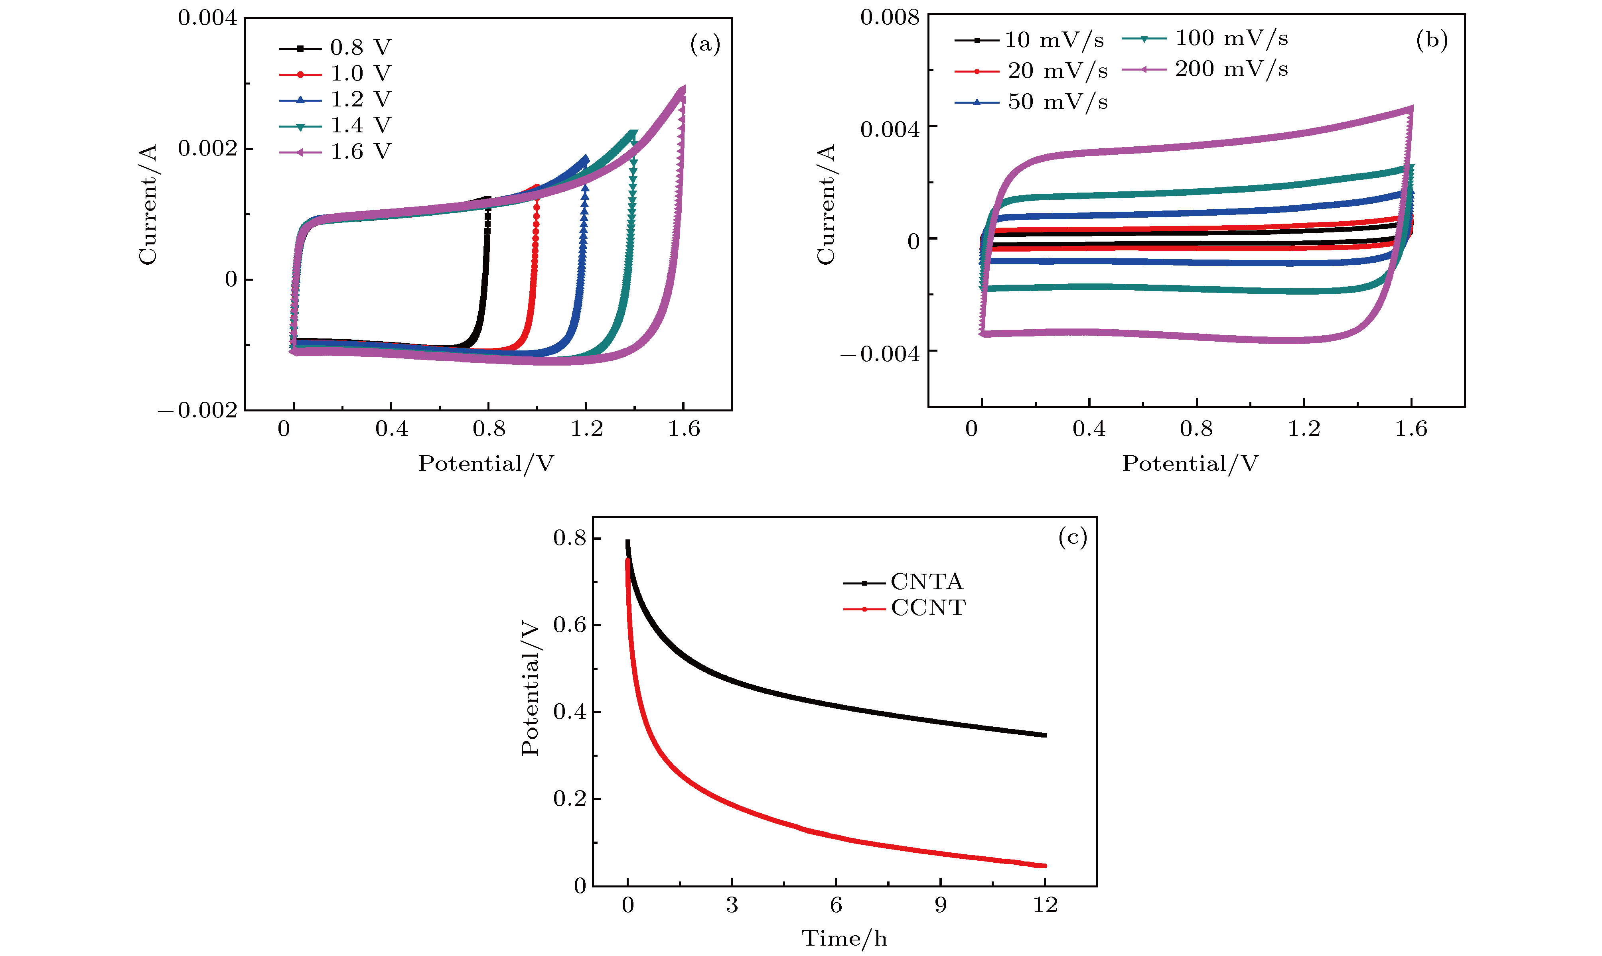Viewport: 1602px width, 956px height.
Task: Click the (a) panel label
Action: pyautogui.click(x=705, y=44)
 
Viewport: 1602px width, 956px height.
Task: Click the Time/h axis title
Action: pyautogui.click(x=844, y=938)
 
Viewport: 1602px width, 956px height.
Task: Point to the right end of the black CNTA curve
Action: pyautogui.click(x=1045, y=735)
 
